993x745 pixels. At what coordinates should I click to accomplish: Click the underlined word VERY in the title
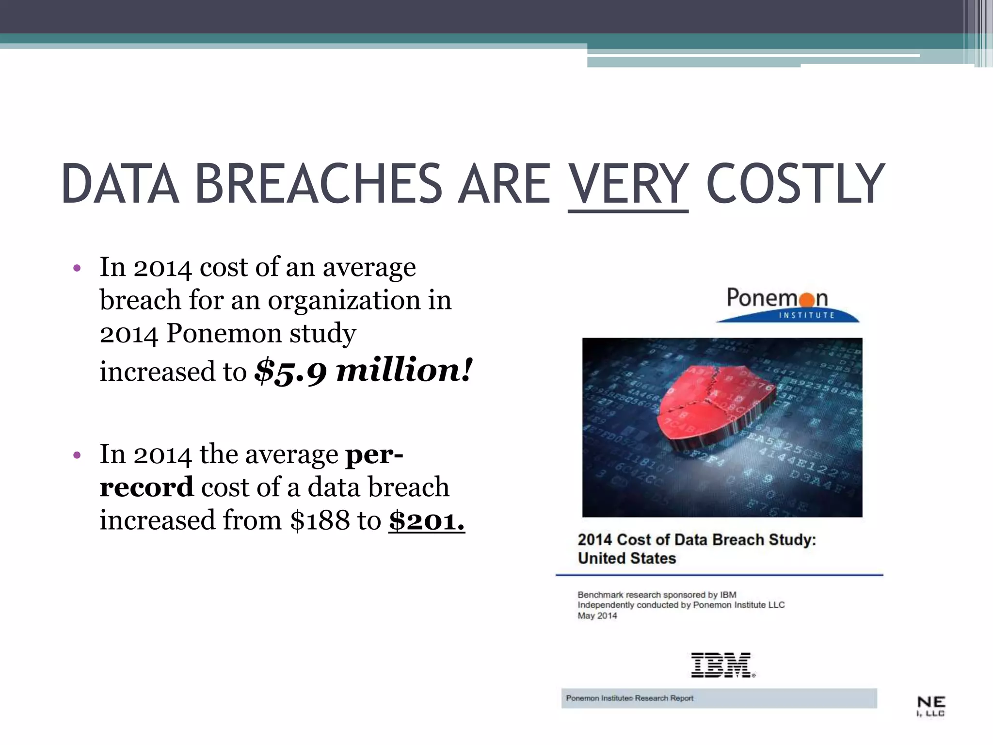[628, 184]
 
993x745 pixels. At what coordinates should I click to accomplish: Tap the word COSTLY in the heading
[796, 184]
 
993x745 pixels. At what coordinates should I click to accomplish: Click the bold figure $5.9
[290, 371]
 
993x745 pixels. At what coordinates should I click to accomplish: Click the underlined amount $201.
[427, 520]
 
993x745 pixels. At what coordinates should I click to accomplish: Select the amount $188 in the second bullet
[320, 520]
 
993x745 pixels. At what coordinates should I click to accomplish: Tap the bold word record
[146, 487]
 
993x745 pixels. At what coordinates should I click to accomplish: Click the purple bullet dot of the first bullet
[77, 268]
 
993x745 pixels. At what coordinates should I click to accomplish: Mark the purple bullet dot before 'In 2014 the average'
[77, 455]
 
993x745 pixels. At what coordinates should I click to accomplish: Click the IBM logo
[722, 665]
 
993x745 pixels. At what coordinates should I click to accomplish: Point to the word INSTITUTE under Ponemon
[806, 315]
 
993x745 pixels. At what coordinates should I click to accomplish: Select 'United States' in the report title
[626, 558]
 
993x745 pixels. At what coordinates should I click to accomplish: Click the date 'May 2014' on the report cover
[597, 616]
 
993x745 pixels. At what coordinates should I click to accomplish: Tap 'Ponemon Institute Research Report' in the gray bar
[629, 698]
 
